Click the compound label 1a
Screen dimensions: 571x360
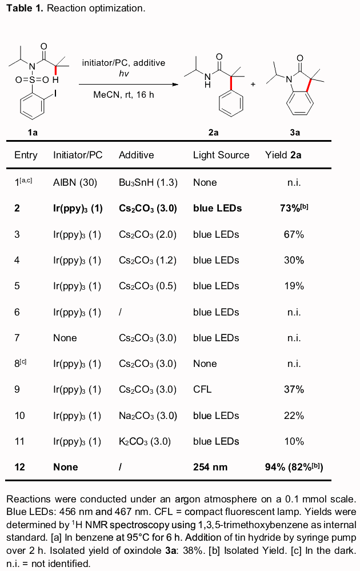33,132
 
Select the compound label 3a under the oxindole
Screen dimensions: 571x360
295,132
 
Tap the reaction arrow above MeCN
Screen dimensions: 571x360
125,85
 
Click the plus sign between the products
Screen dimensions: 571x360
253,83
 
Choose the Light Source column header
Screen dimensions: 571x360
221,155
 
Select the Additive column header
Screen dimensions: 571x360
136,155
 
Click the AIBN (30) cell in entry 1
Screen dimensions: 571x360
75,182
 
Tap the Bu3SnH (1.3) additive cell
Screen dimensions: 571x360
148,182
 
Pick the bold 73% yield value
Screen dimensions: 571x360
294,208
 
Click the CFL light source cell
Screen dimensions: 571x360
202,389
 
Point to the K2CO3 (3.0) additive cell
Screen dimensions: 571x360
145,441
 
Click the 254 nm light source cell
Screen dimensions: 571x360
210,467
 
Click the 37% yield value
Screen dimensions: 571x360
294,389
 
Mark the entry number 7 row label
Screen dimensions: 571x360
17,338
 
